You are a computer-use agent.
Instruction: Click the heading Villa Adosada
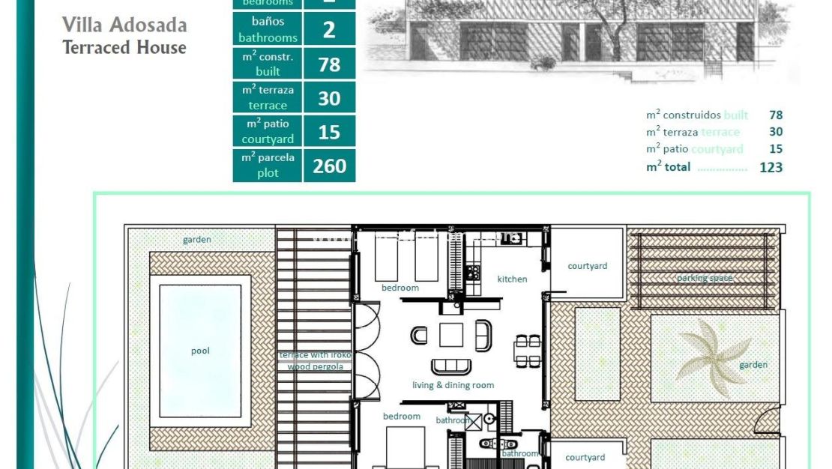click(124, 24)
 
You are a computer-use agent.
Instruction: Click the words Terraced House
click(124, 47)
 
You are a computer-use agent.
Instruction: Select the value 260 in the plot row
click(329, 166)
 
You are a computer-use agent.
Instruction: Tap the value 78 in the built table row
click(329, 64)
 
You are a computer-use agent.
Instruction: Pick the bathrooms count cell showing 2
click(329, 31)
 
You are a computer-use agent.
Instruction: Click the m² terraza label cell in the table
click(268, 97)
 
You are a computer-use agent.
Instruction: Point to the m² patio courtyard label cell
click(268, 131)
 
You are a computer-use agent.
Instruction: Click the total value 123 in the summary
click(771, 167)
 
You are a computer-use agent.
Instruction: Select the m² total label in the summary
click(668, 167)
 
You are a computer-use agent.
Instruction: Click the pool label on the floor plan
click(200, 351)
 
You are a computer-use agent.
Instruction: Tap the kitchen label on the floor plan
click(512, 279)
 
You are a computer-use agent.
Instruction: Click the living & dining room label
click(453, 385)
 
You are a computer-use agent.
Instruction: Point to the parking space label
click(705, 278)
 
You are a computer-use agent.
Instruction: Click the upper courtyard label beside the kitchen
click(587, 266)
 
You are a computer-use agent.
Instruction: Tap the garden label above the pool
click(197, 240)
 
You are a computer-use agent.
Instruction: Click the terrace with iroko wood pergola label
click(315, 360)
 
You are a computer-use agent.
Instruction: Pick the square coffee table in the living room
click(451, 334)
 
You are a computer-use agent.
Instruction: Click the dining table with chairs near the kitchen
click(528, 351)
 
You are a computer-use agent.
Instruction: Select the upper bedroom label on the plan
click(400, 288)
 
